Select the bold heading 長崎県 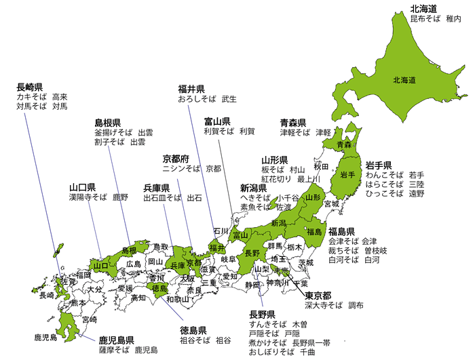tap(30, 87)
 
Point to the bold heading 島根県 tap(108, 123)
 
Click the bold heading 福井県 tap(191, 89)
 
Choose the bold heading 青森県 tap(294, 123)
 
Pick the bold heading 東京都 tap(318, 296)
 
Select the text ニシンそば tap(180, 168)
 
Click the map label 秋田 tap(321, 166)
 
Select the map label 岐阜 tap(229, 259)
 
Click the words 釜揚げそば tap(114, 133)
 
